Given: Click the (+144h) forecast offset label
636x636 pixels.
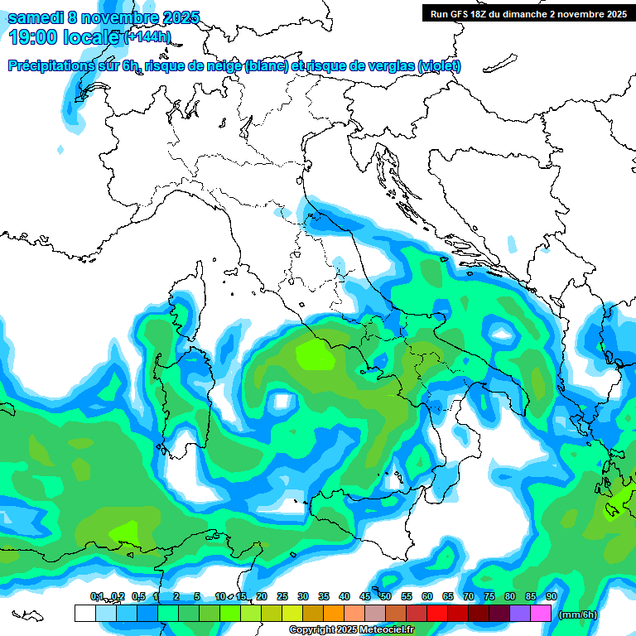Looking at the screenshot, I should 147,36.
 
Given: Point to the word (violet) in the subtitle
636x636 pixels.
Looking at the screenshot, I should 440,66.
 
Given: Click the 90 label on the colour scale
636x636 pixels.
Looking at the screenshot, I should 551,597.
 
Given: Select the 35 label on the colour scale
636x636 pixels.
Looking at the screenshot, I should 324,597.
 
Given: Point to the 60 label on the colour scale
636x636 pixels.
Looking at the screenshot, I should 427,597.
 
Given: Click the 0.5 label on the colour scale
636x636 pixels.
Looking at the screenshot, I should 137,597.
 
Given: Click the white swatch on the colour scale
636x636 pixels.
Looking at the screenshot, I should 84,614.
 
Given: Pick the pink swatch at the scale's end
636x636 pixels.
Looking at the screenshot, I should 541,614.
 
